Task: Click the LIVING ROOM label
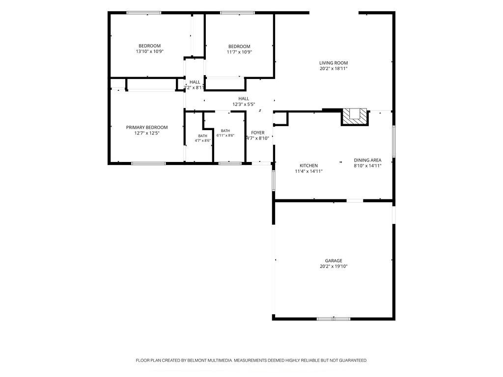[x=334, y=63]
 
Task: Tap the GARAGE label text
[x=334, y=261]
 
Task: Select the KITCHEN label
[x=308, y=166]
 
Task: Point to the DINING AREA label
[x=367, y=161]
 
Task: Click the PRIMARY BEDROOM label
[x=146, y=128]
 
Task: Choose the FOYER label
[x=257, y=133]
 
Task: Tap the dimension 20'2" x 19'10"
[x=334, y=267]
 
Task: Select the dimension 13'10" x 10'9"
[x=150, y=51]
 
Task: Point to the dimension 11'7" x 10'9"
[x=239, y=52]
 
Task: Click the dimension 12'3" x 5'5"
[x=244, y=104]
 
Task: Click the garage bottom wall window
[x=334, y=319]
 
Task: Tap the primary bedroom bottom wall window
[x=148, y=163]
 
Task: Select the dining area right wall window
[x=393, y=141]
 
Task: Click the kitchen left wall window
[x=274, y=181]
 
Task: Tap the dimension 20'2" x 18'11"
[x=334, y=69]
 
